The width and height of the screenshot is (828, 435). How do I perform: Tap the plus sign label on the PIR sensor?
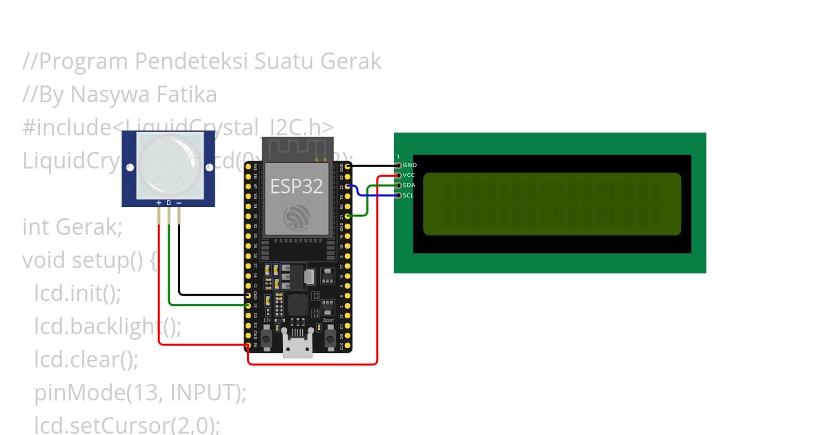(x=159, y=203)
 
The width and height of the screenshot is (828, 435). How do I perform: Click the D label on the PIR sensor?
(x=169, y=203)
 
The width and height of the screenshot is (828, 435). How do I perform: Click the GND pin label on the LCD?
(x=409, y=166)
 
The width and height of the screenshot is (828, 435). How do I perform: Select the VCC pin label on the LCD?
(x=409, y=175)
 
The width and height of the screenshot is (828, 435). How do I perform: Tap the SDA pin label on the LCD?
(x=409, y=186)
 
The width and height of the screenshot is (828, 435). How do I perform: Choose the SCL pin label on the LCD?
(x=408, y=195)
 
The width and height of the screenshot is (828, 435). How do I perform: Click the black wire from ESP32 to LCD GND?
(x=373, y=166)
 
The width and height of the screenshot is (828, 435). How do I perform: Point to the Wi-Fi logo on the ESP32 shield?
(x=297, y=217)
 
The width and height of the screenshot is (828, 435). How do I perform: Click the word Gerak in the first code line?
(x=351, y=61)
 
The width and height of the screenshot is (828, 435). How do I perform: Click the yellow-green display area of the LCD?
(x=551, y=204)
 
